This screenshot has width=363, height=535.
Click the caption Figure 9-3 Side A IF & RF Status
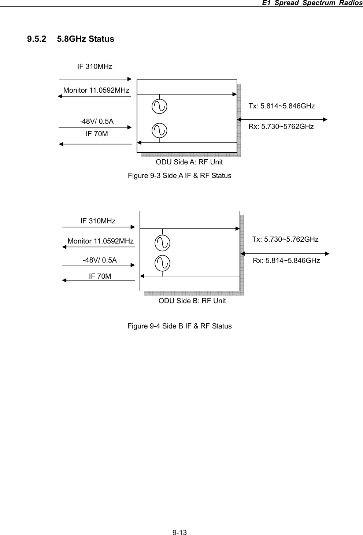pyautogui.click(x=179, y=175)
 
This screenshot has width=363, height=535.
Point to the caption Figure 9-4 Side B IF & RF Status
pyautogui.click(x=179, y=326)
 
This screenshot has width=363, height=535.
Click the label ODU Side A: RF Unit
pyautogui.click(x=189, y=162)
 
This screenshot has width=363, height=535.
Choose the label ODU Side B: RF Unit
pyautogui.click(x=192, y=301)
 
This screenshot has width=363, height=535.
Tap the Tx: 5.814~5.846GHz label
pyautogui.click(x=281, y=106)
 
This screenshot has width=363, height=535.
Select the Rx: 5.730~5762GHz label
pyautogui.click(x=281, y=127)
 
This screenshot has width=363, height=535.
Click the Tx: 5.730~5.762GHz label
pyautogui.click(x=285, y=239)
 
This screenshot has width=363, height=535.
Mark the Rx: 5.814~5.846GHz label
pyautogui.click(x=286, y=261)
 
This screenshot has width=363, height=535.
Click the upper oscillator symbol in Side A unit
pyautogui.click(x=159, y=106)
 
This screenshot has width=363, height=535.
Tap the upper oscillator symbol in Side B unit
pyautogui.click(x=162, y=242)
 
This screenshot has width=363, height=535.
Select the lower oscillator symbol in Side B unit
pyautogui.click(x=162, y=263)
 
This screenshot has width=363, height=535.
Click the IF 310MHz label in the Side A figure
pyautogui.click(x=95, y=67)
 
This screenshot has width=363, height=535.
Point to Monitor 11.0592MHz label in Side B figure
pyautogui.click(x=100, y=241)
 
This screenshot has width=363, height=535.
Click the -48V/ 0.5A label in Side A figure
pyautogui.click(x=96, y=121)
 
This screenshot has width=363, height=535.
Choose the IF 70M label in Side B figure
pyautogui.click(x=100, y=276)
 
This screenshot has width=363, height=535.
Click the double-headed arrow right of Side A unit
pyautogui.click(x=282, y=119)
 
